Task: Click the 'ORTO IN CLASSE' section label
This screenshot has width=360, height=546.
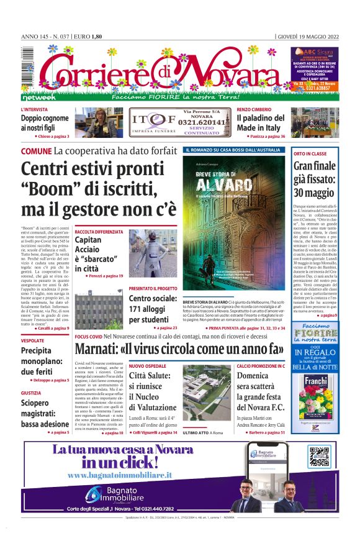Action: click(x=310, y=153)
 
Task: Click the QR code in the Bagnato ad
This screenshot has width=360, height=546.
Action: click(x=319, y=457)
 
